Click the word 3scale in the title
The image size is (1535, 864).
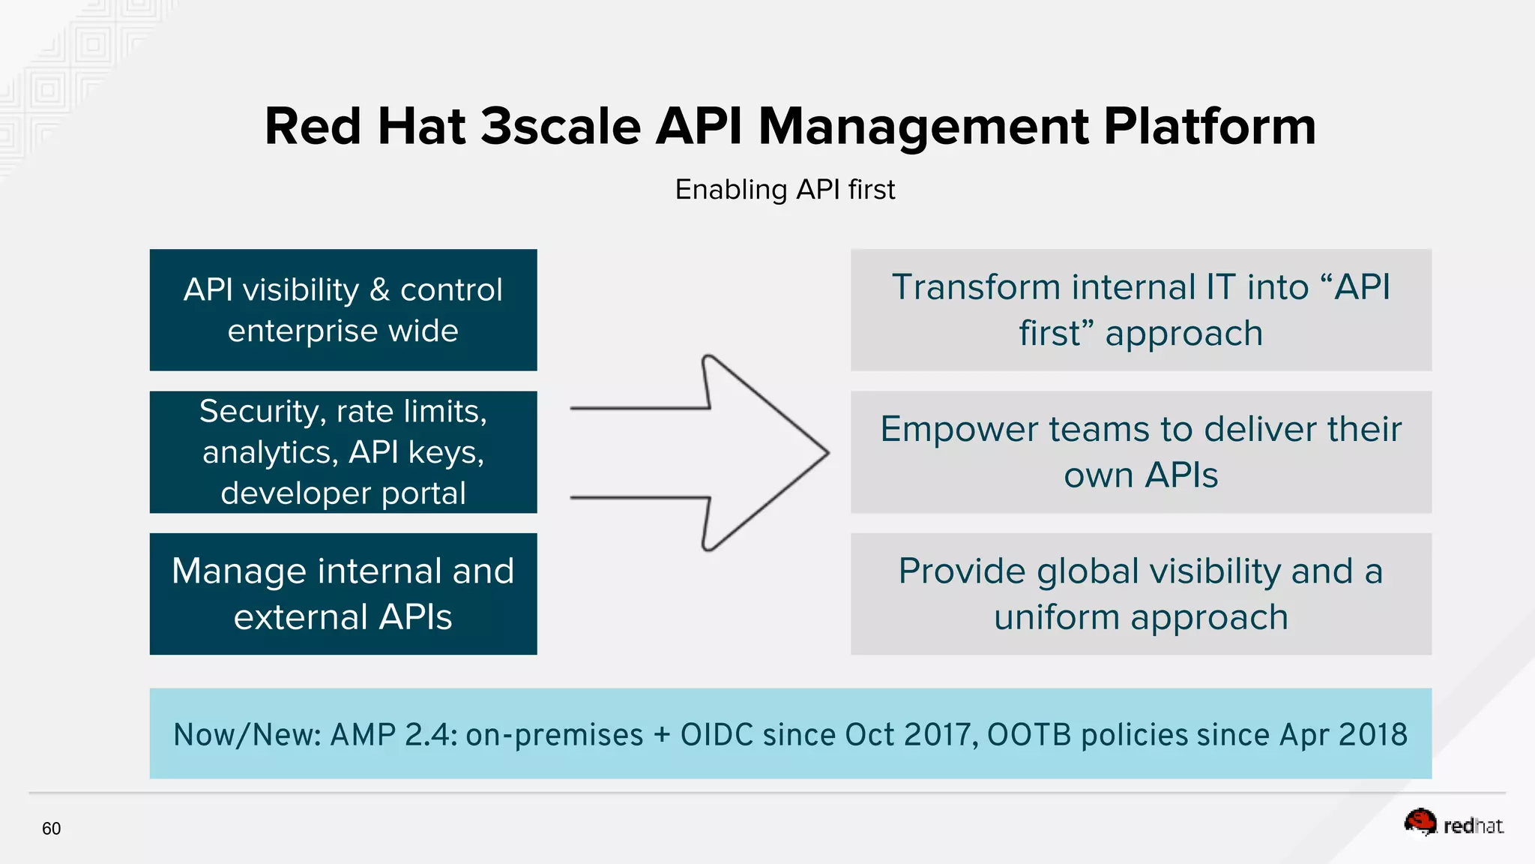tap(560, 126)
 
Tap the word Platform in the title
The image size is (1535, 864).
tap(1209, 126)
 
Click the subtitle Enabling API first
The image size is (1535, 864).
tap(785, 190)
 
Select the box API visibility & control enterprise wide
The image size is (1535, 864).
tap(343, 310)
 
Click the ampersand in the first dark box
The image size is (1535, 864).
tap(379, 290)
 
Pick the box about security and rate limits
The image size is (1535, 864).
tap(343, 451)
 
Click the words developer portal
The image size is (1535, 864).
tap(343, 493)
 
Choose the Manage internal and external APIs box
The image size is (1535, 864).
tap(343, 594)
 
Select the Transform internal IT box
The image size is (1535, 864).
tap(1141, 310)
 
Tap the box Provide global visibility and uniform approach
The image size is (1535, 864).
tap(1141, 594)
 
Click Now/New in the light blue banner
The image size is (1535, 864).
tap(247, 734)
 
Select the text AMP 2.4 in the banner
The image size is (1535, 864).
tap(393, 734)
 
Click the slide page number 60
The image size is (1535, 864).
tap(51, 829)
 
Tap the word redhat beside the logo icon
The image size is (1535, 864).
tap(1473, 826)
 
